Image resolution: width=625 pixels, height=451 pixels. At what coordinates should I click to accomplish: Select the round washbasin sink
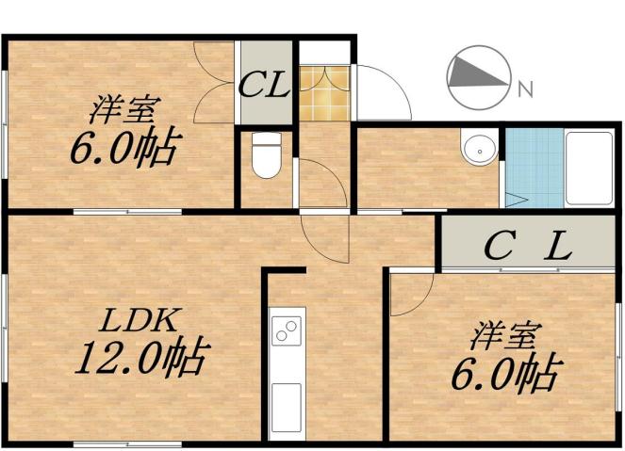478,150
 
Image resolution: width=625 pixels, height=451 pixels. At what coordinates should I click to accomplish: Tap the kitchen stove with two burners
286,330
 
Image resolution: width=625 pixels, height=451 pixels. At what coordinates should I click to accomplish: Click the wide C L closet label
528,248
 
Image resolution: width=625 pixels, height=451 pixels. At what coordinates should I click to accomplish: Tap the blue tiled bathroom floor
534,165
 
